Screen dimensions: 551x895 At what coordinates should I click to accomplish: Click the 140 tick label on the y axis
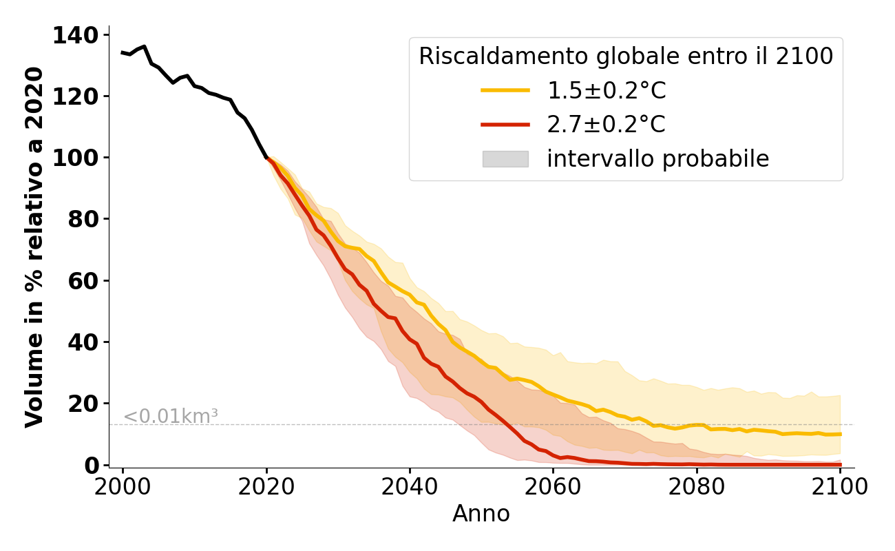[x=76, y=35]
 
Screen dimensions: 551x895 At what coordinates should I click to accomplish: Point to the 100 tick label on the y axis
[x=76, y=158]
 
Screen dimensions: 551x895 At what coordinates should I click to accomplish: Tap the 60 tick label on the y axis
[x=84, y=280]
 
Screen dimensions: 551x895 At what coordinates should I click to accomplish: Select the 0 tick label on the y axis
[x=93, y=465]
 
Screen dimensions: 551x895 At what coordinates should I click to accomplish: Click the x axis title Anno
[x=481, y=514]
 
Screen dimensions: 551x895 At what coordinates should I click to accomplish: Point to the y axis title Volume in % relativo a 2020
[x=34, y=247]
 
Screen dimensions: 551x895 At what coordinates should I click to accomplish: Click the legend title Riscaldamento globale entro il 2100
[x=626, y=56]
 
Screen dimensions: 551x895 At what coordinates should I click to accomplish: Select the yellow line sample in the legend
[x=505, y=90]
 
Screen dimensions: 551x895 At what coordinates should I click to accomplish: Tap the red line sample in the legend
[x=505, y=125]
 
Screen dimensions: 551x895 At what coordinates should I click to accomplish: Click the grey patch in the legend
[x=505, y=159]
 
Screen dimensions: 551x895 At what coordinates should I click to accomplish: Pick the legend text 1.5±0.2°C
[x=607, y=90]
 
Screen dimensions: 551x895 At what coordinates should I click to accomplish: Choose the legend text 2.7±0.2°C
[x=607, y=125]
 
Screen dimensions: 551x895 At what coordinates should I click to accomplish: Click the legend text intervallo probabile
[x=657, y=159]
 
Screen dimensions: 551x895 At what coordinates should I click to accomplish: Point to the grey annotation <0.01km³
[x=170, y=416]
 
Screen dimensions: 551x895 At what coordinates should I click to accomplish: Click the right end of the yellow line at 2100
[x=840, y=434]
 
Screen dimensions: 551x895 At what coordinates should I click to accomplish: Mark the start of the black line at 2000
[x=123, y=52]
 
